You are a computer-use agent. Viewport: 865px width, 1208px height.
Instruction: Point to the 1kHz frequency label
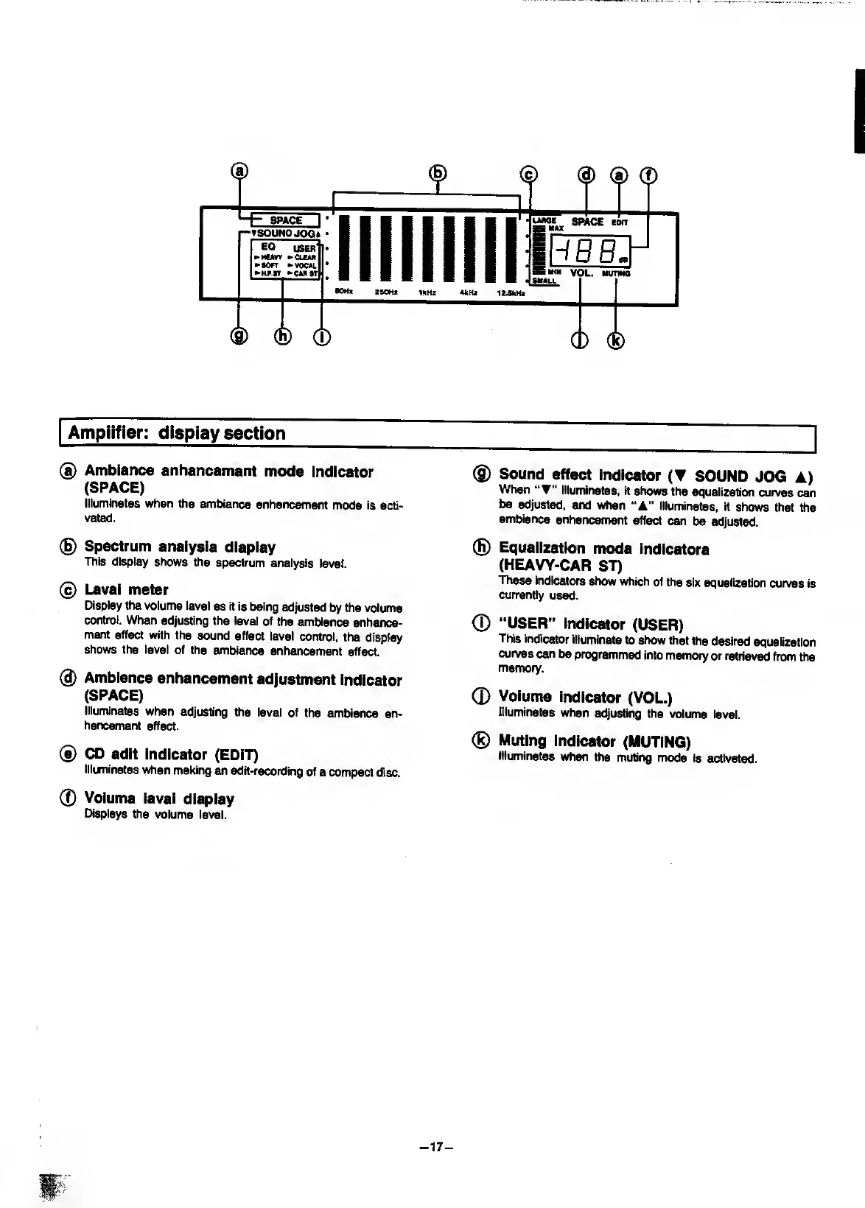427,292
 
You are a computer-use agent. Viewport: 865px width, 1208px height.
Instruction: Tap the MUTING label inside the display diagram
616,273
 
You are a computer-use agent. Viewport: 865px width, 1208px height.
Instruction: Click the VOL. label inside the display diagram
581,273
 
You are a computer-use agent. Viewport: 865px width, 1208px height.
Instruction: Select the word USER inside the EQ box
304,248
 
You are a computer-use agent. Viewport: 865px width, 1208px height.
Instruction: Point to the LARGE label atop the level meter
545,220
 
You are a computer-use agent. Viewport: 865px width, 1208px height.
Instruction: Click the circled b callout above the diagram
438,173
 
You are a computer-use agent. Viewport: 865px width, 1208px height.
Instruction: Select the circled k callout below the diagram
616,340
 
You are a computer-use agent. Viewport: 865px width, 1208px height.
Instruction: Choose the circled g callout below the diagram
239,337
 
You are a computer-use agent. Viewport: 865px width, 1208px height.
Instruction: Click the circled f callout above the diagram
648,175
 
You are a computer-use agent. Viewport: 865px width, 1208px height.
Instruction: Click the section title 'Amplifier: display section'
177,433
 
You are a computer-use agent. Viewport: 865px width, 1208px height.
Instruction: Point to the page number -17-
435,1147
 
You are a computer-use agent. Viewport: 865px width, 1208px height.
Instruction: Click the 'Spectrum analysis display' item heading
180,547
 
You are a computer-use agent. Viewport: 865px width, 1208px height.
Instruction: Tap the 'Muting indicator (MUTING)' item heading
594,741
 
